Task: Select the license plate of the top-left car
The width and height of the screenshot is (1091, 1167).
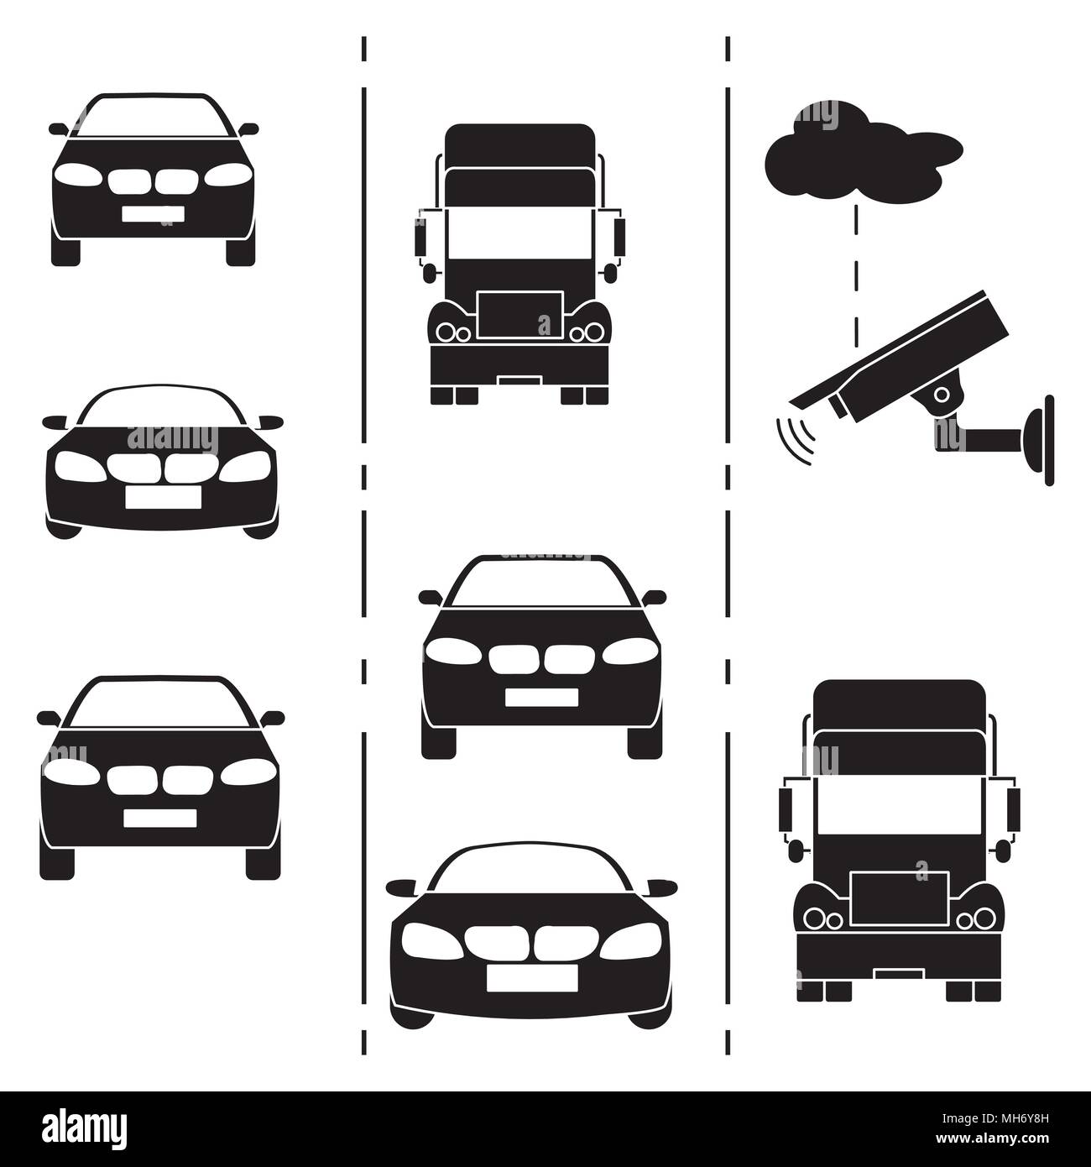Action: coord(153,213)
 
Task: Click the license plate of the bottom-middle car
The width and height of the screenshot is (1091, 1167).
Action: coord(531,976)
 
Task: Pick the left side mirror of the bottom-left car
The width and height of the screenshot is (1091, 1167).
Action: coord(48,718)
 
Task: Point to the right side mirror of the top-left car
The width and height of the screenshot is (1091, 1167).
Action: coord(249,129)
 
